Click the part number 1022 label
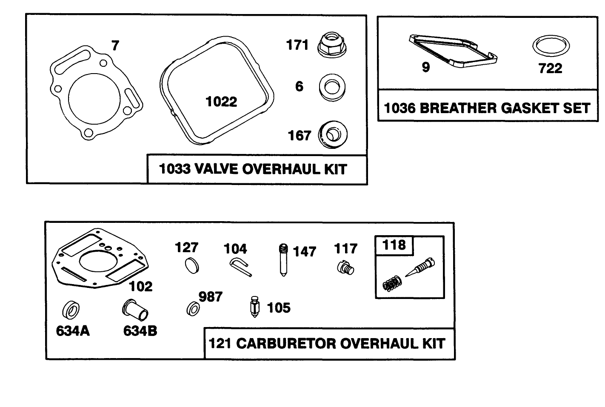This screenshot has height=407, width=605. [x=221, y=102]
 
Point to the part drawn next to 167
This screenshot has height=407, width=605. [x=333, y=135]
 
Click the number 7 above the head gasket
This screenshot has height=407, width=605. [x=115, y=45]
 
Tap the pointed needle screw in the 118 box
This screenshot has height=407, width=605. [x=419, y=268]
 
